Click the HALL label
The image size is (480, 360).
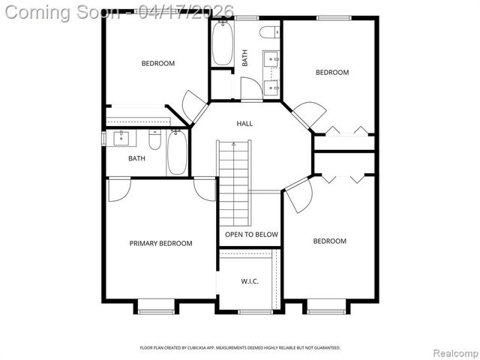pos(244,124)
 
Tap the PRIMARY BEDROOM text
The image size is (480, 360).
pos(160,243)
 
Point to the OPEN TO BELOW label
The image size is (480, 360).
pos(251,235)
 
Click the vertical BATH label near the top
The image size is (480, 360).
pos(244,58)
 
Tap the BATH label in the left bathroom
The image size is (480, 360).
pos(136,158)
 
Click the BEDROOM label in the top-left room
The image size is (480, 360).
pos(158,64)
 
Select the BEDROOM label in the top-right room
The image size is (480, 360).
pos(331,73)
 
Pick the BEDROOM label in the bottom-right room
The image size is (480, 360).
pos(329,241)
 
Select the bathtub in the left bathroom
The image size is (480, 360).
pos(176,153)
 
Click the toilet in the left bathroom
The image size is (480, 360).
pos(154,140)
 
